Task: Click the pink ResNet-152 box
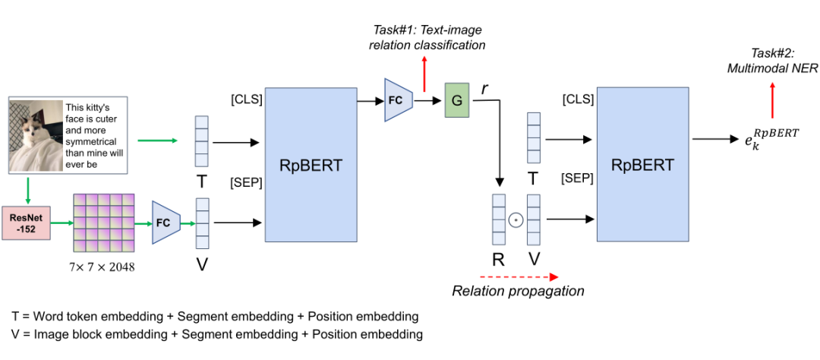click(x=27, y=223)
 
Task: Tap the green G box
click(x=457, y=101)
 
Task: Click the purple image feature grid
click(x=104, y=223)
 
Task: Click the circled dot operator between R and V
click(x=516, y=220)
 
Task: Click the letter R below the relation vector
click(x=498, y=260)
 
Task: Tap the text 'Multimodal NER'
click(x=773, y=67)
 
